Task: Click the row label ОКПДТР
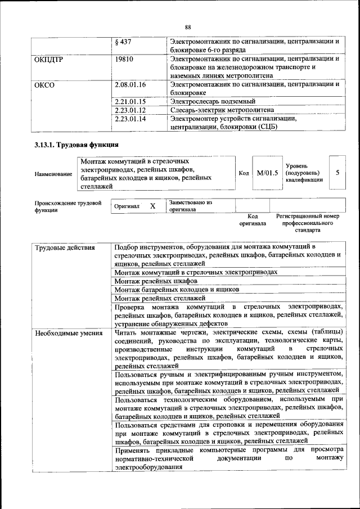[x=48, y=58]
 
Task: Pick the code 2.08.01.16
[x=130, y=84]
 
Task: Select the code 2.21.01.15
[x=130, y=101]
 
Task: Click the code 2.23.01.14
[x=130, y=119]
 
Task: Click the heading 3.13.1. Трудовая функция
[x=76, y=145]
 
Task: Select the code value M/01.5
[x=267, y=173]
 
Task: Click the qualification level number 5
[x=337, y=173]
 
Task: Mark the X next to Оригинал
[x=152, y=206]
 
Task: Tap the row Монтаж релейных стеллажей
[x=160, y=298]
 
